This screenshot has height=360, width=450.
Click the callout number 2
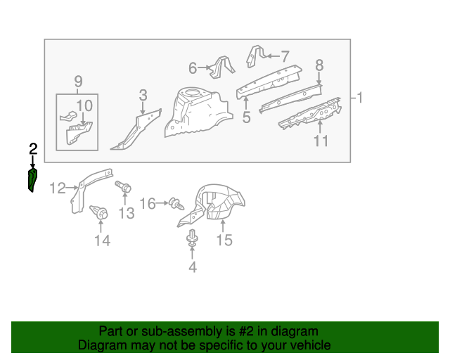33,148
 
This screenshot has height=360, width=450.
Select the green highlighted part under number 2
32,180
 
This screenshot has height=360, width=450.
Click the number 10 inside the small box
84,105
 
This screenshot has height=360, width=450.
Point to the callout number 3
143,95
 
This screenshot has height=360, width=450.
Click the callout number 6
193,68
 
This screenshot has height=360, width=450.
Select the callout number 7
285,56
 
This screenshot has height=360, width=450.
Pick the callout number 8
319,65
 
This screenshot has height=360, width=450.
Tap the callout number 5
246,117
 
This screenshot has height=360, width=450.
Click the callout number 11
321,141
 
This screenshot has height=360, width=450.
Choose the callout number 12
57,188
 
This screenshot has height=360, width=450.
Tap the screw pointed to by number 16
176,205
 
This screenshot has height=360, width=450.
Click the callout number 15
224,240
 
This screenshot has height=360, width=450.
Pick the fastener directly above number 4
191,240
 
